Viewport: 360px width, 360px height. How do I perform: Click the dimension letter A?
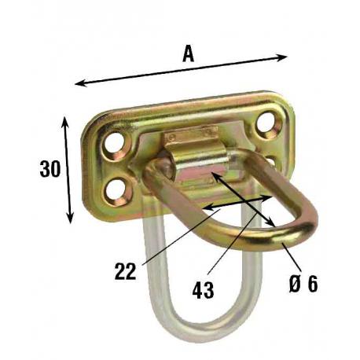point(189,53)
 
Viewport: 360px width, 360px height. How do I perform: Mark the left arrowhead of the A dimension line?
point(79,83)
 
